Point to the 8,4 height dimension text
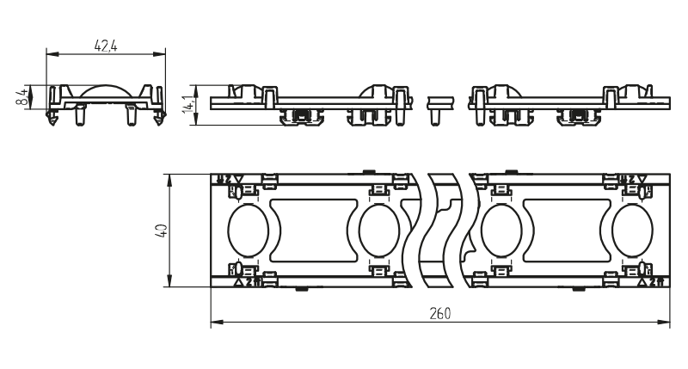pos(21,95)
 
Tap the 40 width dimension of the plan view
pos(161,230)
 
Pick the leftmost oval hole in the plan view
pos(249,231)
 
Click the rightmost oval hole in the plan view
pos(632,231)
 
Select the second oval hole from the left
pos(377,231)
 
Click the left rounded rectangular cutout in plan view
pos(312,230)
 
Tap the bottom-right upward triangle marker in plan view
pos(641,281)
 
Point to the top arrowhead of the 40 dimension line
pos(171,178)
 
